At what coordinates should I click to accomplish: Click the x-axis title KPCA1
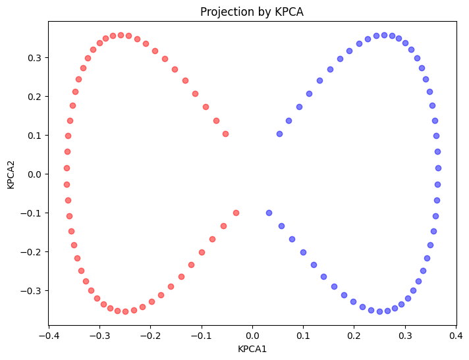[x=252, y=349]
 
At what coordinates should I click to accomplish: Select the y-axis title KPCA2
[x=11, y=174]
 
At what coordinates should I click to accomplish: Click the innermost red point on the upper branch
[x=225, y=134]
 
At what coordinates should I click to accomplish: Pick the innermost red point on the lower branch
[x=236, y=213]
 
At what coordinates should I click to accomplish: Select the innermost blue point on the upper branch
[x=279, y=134]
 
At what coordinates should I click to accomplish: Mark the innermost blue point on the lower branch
[x=269, y=213]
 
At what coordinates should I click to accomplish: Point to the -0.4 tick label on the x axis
[x=47, y=336]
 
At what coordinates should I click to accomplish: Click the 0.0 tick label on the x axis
[x=252, y=336]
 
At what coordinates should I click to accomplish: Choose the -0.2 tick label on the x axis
[x=149, y=336]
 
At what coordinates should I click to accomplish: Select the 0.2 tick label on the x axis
[x=354, y=336]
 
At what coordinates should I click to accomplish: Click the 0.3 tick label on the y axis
[x=34, y=58]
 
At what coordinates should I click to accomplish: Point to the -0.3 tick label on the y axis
[x=31, y=291]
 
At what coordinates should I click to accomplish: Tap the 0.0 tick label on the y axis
[x=34, y=174]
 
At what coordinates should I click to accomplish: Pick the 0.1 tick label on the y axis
[x=34, y=136]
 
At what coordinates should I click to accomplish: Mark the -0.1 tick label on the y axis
[x=31, y=213]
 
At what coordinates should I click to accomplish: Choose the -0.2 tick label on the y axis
[x=31, y=252]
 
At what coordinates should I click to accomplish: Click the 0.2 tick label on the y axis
[x=34, y=97]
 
